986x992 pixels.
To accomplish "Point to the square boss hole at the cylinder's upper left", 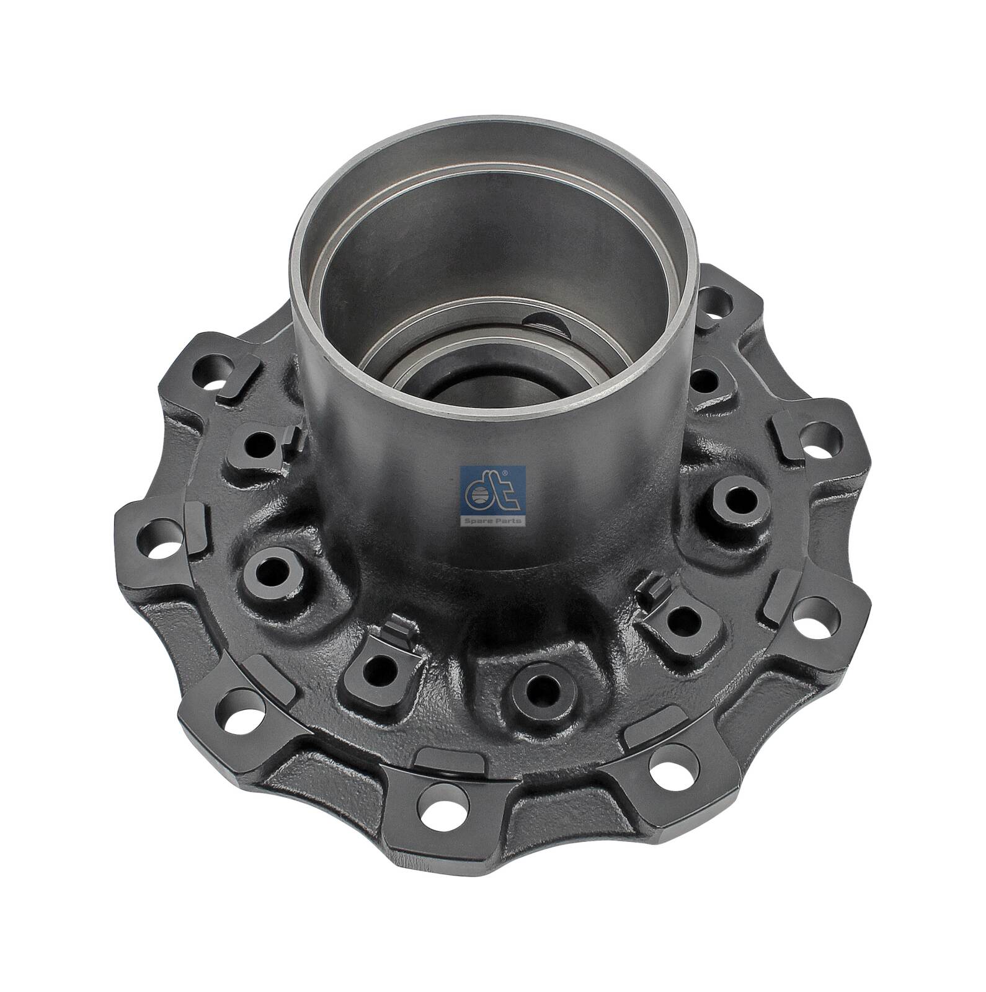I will pos(256,441).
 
